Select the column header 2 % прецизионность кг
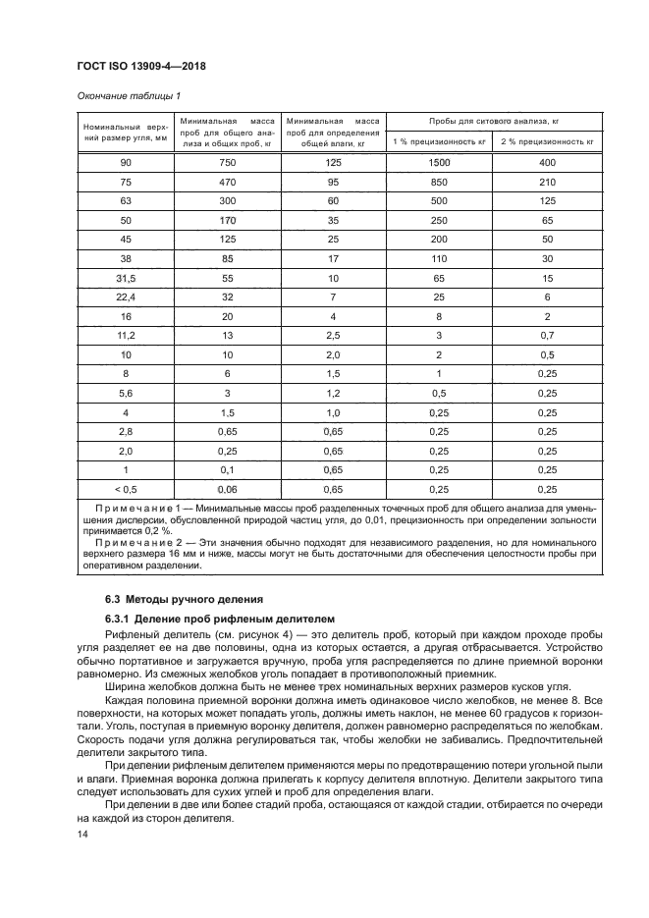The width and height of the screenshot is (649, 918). point(547,141)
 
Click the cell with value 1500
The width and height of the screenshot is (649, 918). point(439,162)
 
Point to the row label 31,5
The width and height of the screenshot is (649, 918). point(125,280)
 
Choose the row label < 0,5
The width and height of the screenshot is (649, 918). point(125,488)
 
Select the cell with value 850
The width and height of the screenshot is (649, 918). point(439,182)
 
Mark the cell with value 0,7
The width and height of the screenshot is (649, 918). point(547,335)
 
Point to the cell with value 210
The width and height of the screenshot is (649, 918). point(547,182)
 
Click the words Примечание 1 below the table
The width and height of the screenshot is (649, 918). point(138,509)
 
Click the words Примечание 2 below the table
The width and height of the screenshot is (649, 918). point(138,542)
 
